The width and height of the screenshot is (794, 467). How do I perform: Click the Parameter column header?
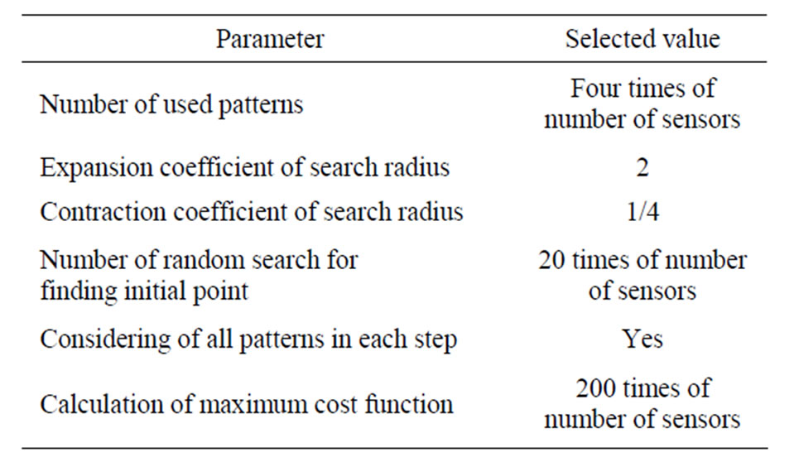(x=270, y=39)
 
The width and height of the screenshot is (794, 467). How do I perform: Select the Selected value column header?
(x=642, y=39)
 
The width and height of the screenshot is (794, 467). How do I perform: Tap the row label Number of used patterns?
(x=171, y=105)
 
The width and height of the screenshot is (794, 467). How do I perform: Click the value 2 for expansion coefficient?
(x=642, y=167)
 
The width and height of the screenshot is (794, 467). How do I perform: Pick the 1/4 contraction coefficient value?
(x=642, y=211)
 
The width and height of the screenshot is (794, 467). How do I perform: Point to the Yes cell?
(x=642, y=339)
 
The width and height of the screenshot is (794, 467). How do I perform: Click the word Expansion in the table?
(x=96, y=168)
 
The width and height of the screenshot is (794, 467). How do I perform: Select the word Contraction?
(x=103, y=212)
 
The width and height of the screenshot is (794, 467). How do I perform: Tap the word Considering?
(x=105, y=339)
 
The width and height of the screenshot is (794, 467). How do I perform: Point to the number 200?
(x=595, y=388)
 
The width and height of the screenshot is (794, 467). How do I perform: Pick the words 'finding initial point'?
(x=144, y=291)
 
